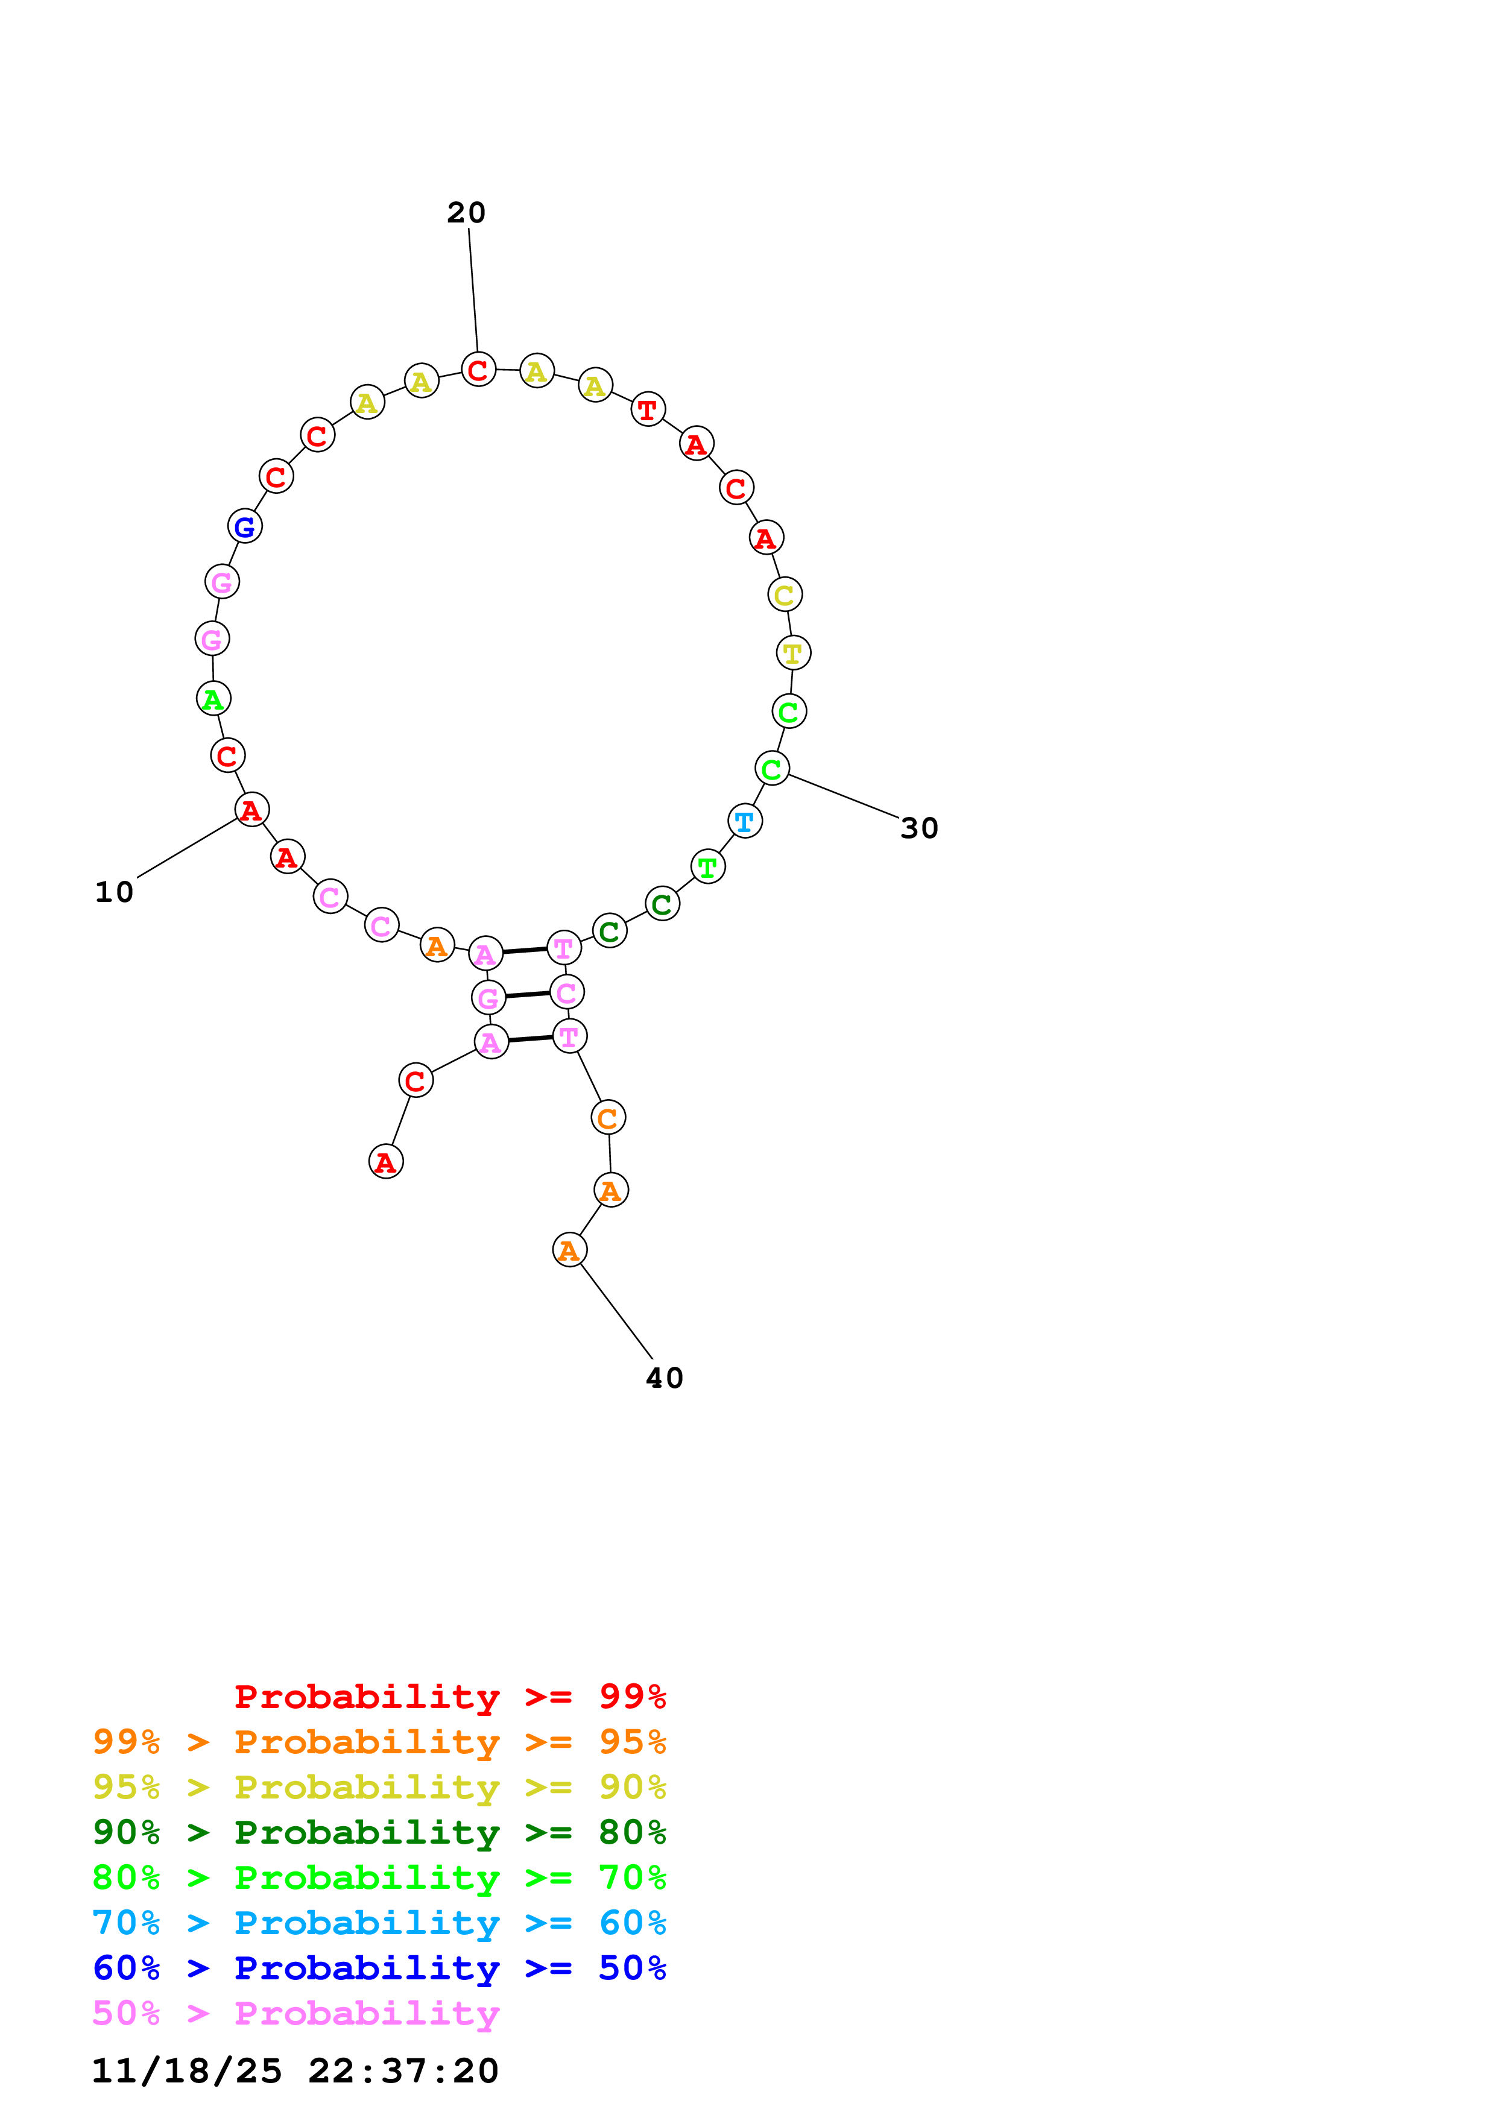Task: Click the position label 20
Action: tap(466, 213)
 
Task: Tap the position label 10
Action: tap(114, 892)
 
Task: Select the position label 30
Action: tap(918, 828)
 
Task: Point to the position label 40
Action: tap(664, 1378)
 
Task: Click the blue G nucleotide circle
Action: tap(245, 527)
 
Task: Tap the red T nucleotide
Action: tap(648, 410)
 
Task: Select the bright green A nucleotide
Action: tap(213, 699)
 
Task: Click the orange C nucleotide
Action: tap(608, 1118)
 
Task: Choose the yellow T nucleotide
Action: tap(793, 653)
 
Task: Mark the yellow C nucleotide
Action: tap(785, 595)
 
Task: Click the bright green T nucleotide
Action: tap(707, 867)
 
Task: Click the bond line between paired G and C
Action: tap(527, 995)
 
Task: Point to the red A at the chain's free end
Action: tap(386, 1162)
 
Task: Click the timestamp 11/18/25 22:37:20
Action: tap(295, 2070)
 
